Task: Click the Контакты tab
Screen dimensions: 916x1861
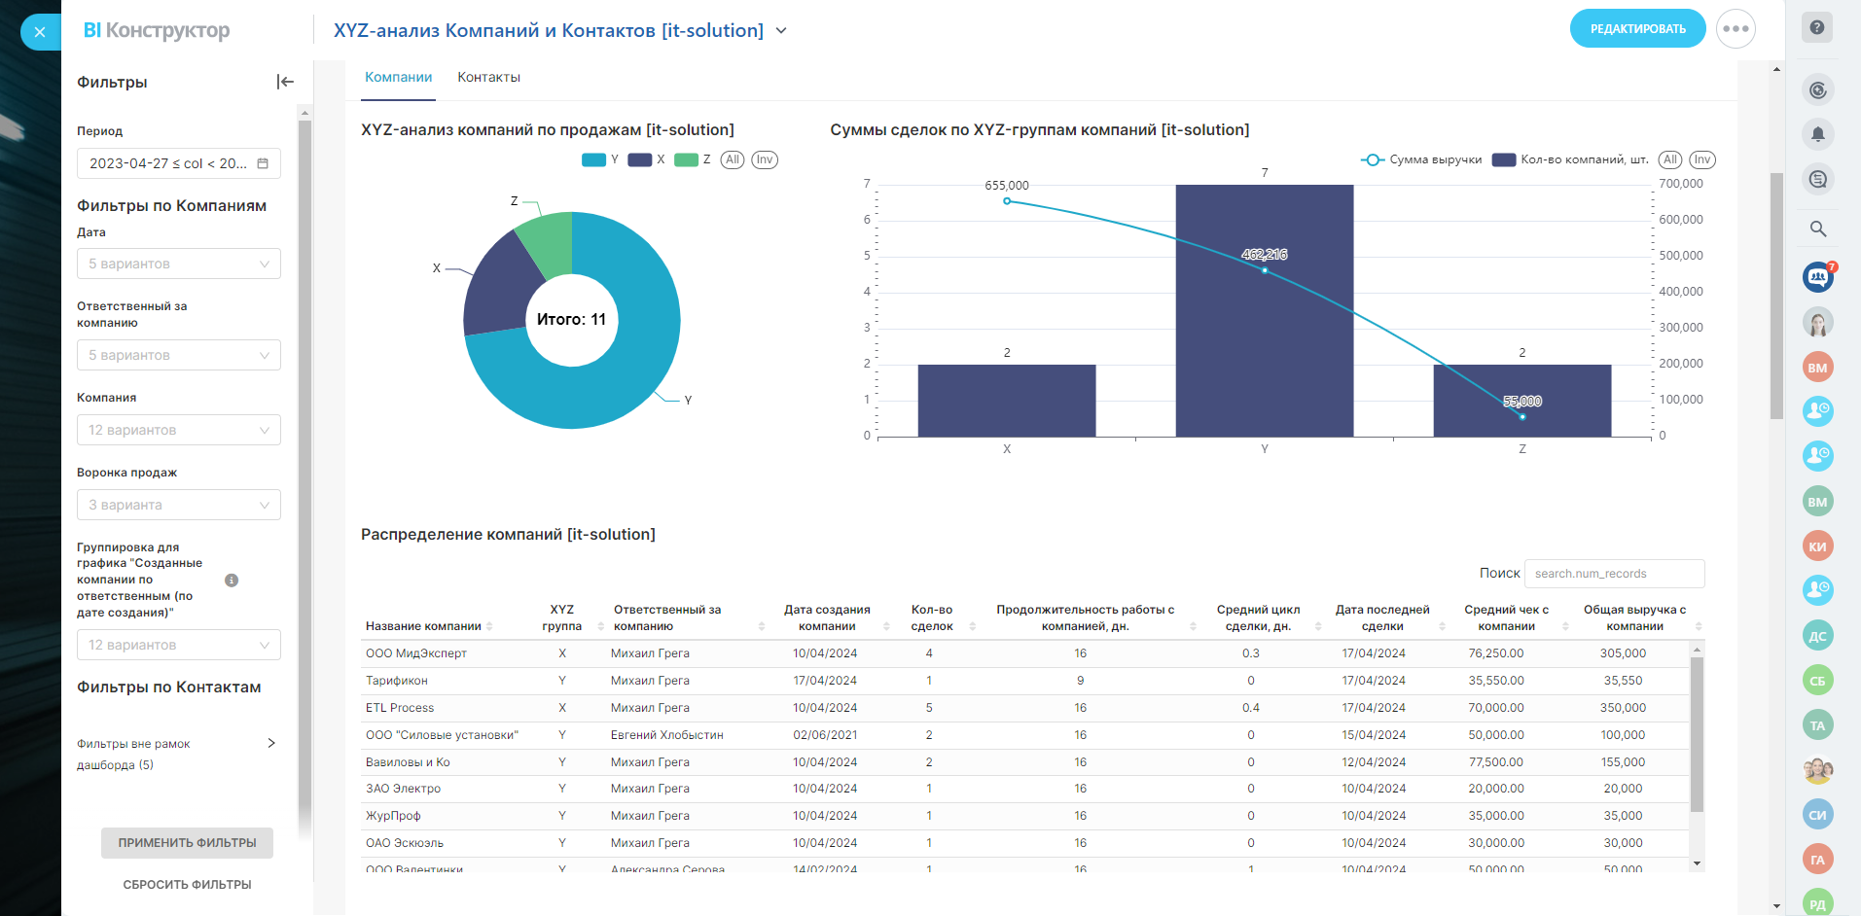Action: (x=488, y=78)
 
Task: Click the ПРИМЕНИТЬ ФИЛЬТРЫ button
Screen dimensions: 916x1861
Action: (x=187, y=843)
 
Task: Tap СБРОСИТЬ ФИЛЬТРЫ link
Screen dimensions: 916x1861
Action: (x=187, y=885)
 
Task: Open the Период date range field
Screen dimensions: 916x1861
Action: (x=178, y=163)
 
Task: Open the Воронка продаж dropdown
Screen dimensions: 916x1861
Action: (x=178, y=505)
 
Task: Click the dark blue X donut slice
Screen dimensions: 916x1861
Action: (x=494, y=288)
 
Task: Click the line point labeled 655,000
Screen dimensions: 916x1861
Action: (x=1007, y=201)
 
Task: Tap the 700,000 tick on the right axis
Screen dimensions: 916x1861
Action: (x=1680, y=184)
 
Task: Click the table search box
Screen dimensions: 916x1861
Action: (x=1613, y=574)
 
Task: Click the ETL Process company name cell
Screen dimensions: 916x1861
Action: (x=400, y=708)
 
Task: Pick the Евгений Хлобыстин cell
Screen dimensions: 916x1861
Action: (x=666, y=735)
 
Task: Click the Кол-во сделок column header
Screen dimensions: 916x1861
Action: (x=931, y=617)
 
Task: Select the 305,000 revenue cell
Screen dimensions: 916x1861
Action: (x=1623, y=653)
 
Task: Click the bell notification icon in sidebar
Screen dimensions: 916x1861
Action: (x=1817, y=134)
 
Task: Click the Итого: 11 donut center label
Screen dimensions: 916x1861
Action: (x=571, y=320)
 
